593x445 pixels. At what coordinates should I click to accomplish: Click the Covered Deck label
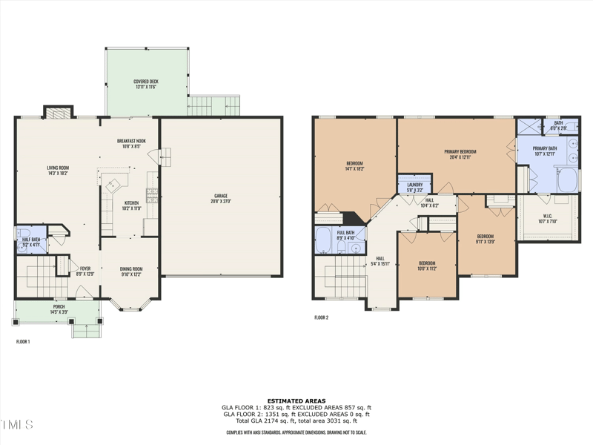pos(145,85)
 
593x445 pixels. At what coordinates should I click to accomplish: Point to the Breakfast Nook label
pos(131,143)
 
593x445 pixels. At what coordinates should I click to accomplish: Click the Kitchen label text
pos(131,205)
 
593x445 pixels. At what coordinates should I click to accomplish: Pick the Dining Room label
pos(131,271)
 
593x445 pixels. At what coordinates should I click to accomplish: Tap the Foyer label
pos(85,271)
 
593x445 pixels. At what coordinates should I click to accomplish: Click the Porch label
pos(59,309)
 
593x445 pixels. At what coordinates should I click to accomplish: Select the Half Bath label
pos(31,241)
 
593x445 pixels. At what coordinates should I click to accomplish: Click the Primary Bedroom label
pos(460,154)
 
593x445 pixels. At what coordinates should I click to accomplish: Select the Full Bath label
pos(346,235)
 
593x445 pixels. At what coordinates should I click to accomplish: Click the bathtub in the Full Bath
pos(324,241)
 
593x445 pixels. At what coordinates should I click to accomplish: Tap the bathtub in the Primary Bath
pos(569,180)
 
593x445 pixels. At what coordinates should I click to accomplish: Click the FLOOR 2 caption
pos(321,317)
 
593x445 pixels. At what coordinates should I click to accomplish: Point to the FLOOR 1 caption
pos(23,342)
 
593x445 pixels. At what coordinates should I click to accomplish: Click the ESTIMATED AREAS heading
pos(296,401)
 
